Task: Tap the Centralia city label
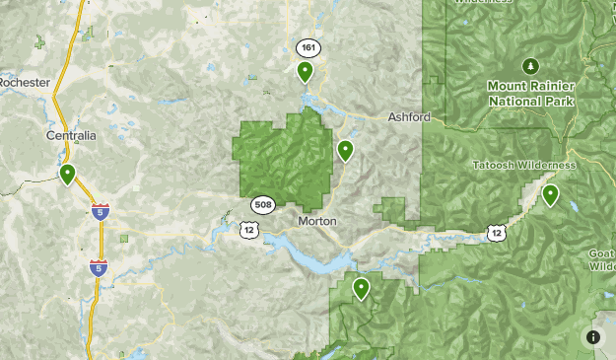pyautogui.click(x=71, y=135)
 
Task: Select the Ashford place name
pyautogui.click(x=409, y=116)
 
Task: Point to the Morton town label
pyautogui.click(x=316, y=221)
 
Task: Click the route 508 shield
pyautogui.click(x=262, y=205)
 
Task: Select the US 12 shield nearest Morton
pyautogui.click(x=247, y=229)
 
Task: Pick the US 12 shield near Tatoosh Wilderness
pyautogui.click(x=495, y=233)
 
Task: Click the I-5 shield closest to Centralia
pyautogui.click(x=100, y=211)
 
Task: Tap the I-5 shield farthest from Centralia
pyautogui.click(x=98, y=267)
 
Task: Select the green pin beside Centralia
pyautogui.click(x=67, y=174)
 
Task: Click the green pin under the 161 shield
pyautogui.click(x=306, y=70)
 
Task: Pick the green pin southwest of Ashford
pyautogui.click(x=345, y=149)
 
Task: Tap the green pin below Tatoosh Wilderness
pyautogui.click(x=550, y=193)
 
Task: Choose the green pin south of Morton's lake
pyautogui.click(x=362, y=288)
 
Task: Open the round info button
pyautogui.click(x=593, y=337)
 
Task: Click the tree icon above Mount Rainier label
pyautogui.click(x=530, y=66)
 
